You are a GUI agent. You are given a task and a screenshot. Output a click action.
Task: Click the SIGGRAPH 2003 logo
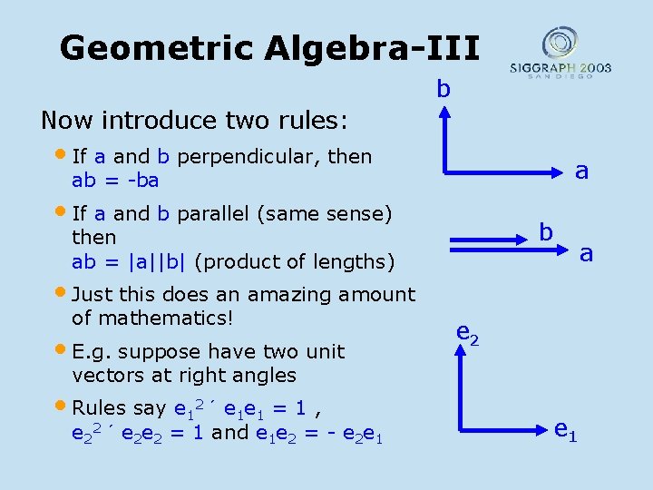click(x=560, y=54)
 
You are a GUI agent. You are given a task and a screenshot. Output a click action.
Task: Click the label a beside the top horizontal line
click(x=582, y=171)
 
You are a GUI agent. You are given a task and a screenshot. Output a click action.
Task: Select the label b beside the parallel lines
click(x=546, y=231)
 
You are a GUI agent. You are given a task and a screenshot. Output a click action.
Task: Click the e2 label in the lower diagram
click(x=467, y=335)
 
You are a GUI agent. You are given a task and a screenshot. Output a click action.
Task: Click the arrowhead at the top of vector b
click(x=443, y=112)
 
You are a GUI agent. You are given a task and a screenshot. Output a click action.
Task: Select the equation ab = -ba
click(x=115, y=180)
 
